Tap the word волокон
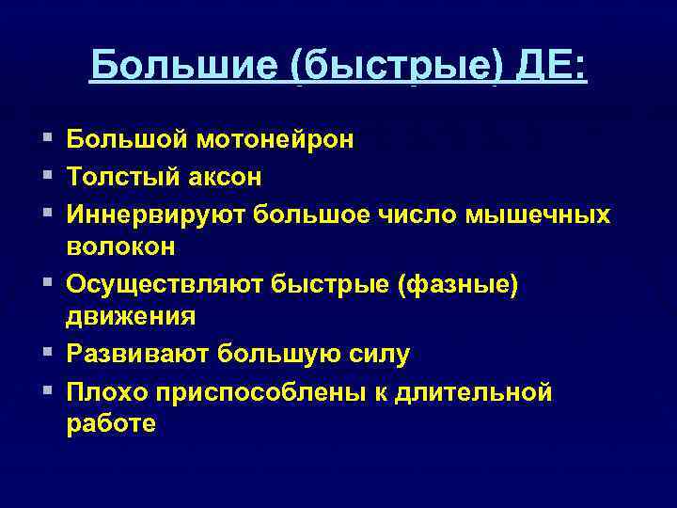click(120, 246)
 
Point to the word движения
click(131, 317)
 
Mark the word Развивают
click(137, 355)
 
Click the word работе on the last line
click(111, 424)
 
